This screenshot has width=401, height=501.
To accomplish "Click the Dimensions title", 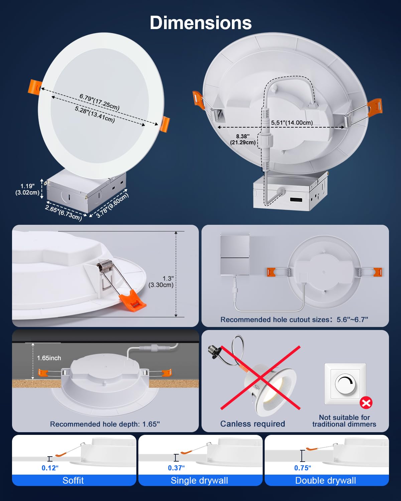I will click(x=200, y=23).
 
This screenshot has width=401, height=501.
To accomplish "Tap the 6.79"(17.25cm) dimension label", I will click(x=99, y=102).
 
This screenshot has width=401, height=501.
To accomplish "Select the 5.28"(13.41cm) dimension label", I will click(x=95, y=114).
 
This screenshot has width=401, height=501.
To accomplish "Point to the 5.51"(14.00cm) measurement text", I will click(x=292, y=123).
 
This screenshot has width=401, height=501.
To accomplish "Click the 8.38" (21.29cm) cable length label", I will click(x=243, y=139).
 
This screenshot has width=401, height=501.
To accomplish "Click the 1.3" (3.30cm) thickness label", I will click(x=161, y=282).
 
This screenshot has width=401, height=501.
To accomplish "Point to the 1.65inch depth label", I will click(x=49, y=358).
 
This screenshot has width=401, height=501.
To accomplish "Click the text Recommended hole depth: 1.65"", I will click(x=105, y=424).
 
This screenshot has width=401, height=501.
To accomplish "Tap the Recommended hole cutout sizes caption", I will click(x=294, y=320).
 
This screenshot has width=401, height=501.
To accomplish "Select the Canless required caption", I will click(x=253, y=424).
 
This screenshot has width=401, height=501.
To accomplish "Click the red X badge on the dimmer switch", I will click(x=366, y=403).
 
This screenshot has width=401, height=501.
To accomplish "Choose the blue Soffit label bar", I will click(x=74, y=480).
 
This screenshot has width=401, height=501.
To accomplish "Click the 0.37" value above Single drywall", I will click(x=176, y=468).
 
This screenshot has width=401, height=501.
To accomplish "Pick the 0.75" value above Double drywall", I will click(x=302, y=468).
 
